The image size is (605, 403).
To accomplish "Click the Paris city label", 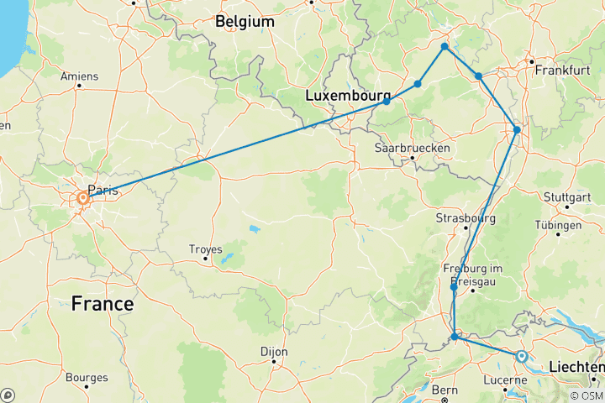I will (x=103, y=191).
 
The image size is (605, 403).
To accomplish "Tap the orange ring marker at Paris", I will (x=82, y=198).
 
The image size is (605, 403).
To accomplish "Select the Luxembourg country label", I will (x=348, y=97).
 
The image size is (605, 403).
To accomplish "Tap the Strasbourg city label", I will (x=466, y=218).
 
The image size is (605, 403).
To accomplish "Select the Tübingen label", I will (x=557, y=226).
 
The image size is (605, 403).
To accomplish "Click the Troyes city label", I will (x=205, y=249).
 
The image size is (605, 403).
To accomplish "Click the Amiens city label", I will (x=80, y=76).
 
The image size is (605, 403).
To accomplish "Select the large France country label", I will (x=102, y=303).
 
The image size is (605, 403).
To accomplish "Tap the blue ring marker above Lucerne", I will (x=521, y=357).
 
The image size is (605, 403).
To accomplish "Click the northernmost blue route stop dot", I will (x=445, y=46).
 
